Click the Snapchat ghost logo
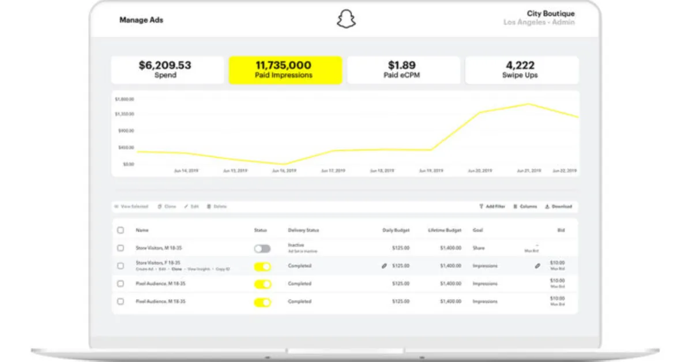tap(346, 20)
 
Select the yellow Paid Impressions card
tap(285, 70)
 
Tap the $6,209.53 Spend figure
tap(165, 65)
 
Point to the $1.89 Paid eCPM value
tap(403, 65)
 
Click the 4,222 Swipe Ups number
tap(520, 65)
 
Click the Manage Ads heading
tap(141, 20)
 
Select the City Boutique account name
tap(550, 13)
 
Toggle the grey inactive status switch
tap(262, 248)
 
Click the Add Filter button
tap(492, 206)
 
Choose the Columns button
tap(525, 206)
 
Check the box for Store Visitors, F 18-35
tap(121, 266)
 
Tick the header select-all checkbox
tap(121, 230)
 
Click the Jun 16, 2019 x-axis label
tap(284, 171)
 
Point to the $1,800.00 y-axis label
tap(125, 99)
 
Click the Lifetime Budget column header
tap(444, 231)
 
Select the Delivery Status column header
tap(303, 231)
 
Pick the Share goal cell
tap(479, 248)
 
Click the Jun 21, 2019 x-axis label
tap(528, 171)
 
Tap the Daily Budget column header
tap(397, 231)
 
